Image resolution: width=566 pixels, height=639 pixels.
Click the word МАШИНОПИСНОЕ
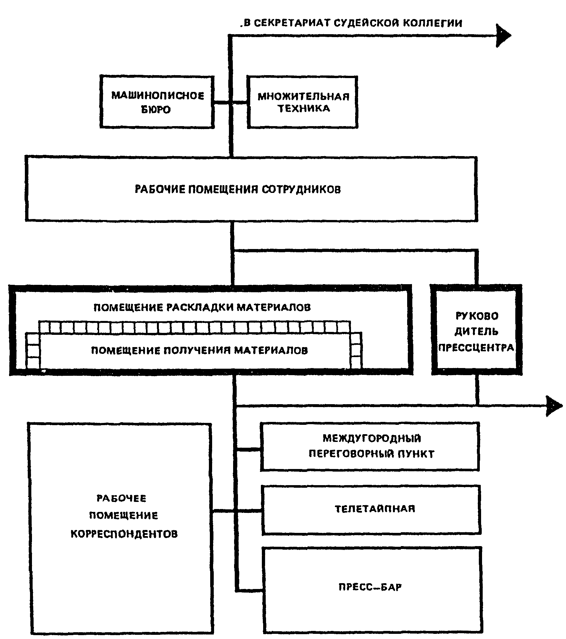tap(158, 96)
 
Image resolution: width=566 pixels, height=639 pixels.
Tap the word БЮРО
tap(156, 110)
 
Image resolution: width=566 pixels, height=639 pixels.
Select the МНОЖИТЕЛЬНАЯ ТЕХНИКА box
tap(303, 102)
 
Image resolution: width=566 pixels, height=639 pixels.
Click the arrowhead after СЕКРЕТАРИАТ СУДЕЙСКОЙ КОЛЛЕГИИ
tap(503, 35)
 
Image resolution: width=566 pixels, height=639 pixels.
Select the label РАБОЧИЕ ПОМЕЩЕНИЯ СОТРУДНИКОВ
tap(238, 189)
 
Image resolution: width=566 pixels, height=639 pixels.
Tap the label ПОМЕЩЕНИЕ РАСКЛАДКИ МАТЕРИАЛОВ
tap(202, 307)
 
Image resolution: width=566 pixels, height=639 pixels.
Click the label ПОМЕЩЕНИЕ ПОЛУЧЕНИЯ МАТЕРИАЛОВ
tap(199, 350)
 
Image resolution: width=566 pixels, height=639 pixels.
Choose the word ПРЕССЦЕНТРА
tap(476, 348)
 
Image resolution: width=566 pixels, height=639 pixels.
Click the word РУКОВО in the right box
tap(477, 316)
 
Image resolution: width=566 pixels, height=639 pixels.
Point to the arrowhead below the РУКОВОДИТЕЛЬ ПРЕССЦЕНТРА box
tap(553, 406)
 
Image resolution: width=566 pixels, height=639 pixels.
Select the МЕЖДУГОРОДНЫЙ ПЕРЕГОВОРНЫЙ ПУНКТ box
tap(370, 446)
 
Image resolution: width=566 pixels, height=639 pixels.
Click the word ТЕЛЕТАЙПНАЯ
tap(375, 509)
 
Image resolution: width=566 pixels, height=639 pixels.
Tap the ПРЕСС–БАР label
tap(370, 587)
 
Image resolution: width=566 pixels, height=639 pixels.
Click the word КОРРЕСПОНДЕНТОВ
tap(124, 534)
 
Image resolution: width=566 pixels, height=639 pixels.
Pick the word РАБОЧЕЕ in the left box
tap(121, 498)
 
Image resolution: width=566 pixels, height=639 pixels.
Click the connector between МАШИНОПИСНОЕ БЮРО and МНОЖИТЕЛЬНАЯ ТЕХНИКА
tap(230, 103)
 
